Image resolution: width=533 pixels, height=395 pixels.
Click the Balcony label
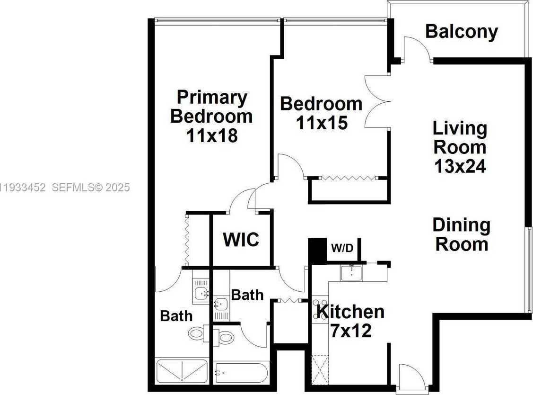(x=461, y=32)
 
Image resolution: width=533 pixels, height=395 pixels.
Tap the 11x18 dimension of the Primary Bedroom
(x=211, y=136)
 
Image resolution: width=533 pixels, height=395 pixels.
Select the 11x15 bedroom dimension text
(x=322, y=123)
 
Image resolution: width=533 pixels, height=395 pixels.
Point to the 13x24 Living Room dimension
(x=460, y=166)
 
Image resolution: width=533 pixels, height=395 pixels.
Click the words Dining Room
(x=461, y=234)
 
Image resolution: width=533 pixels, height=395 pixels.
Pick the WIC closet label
(x=241, y=240)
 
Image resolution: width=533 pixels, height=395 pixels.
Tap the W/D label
(x=342, y=248)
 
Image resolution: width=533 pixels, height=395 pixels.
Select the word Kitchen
(x=350, y=312)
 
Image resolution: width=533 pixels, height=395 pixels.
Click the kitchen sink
(x=351, y=273)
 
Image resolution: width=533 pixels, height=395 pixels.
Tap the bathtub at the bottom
(x=241, y=373)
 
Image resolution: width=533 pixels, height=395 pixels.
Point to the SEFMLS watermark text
(x=90, y=188)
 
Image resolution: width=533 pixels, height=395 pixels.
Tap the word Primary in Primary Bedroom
(x=212, y=98)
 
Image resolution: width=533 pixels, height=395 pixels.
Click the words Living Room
(x=460, y=137)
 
